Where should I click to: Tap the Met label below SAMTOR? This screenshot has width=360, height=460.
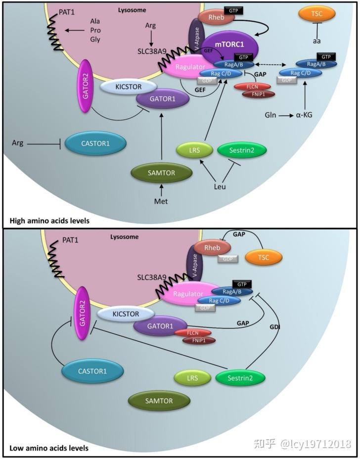coord(161,202)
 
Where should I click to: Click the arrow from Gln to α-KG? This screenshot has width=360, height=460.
coord(285,115)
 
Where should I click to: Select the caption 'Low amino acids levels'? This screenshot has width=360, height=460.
coord(49,449)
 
